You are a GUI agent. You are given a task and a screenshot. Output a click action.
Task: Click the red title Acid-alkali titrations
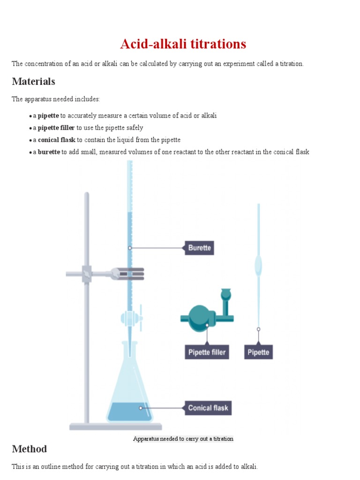pyautogui.click(x=183, y=44)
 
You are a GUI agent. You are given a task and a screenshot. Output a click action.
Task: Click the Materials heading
pyautogui.click(x=33, y=82)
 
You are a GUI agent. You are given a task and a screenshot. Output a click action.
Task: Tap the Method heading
pyautogui.click(x=29, y=449)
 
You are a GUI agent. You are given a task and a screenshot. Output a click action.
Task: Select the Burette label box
pyautogui.click(x=199, y=247)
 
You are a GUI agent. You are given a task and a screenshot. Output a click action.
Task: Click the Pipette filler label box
pyautogui.click(x=207, y=352)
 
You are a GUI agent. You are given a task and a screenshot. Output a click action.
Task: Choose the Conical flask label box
pyautogui.click(x=208, y=408)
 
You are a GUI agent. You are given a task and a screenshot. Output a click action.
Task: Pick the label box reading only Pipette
pyautogui.click(x=258, y=352)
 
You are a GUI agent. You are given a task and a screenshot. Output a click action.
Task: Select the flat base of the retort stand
pyautogui.click(x=116, y=427)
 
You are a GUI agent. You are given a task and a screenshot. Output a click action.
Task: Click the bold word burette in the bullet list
pyautogui.click(x=49, y=152)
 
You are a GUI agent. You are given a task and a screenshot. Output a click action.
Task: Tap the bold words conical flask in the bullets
pyautogui.click(x=56, y=140)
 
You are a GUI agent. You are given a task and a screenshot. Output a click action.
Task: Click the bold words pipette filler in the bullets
pyautogui.click(x=56, y=127)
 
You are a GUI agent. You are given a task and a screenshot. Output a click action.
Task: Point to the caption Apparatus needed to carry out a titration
pyautogui.click(x=183, y=439)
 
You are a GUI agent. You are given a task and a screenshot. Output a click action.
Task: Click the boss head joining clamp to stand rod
pyautogui.click(x=87, y=273)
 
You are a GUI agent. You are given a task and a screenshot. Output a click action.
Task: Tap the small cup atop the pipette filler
pyautogui.click(x=226, y=293)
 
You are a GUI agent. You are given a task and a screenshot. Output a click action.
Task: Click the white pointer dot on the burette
pyautogui.click(x=130, y=248)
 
